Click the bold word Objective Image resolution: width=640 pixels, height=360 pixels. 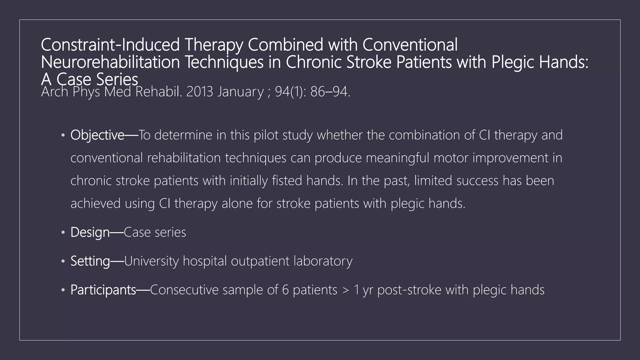tap(97, 135)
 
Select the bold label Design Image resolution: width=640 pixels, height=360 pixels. tap(90, 232)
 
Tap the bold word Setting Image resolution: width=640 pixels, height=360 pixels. tap(90, 261)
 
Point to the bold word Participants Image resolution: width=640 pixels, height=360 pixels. tap(103, 290)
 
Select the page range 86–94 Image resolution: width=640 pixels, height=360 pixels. tap(330, 92)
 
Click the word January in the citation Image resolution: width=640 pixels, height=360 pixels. tap(241, 92)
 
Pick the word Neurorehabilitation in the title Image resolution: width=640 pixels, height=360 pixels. tap(110, 62)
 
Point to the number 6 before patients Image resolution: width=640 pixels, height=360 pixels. tap(285, 290)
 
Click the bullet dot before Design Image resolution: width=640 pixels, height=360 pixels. tap(63, 232)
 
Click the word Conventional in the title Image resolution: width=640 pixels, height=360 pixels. tap(410, 45)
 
